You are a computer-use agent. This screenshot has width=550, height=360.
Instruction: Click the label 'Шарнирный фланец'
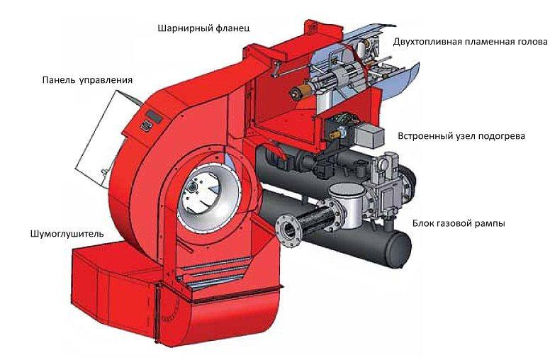(x=203, y=28)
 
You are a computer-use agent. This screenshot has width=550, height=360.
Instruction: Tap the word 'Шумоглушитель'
(x=67, y=234)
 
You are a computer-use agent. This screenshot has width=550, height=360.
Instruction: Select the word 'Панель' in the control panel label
(x=59, y=80)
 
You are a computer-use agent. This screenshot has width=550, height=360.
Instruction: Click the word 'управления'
(x=106, y=80)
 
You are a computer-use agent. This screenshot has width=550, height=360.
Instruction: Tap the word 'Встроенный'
(x=423, y=136)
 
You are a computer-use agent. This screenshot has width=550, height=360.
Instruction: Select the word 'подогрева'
(x=502, y=136)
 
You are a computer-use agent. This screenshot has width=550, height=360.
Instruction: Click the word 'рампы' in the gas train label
(x=491, y=223)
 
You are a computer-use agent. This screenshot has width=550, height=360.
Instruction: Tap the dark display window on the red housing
(x=154, y=116)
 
